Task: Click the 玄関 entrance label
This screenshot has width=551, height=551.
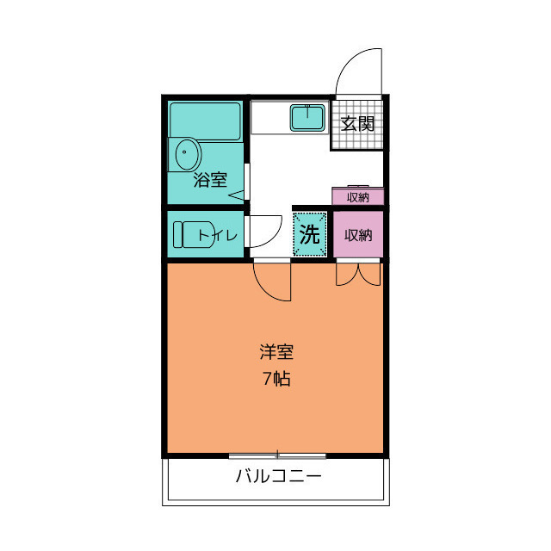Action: pos(356,123)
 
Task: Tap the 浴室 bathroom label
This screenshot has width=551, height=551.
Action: pos(210,180)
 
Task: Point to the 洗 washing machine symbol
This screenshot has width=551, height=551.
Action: pos(310,233)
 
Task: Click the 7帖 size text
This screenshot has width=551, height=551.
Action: pos(276,379)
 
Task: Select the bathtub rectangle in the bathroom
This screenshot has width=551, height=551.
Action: pos(205,121)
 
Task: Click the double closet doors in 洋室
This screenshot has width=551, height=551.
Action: pos(357,274)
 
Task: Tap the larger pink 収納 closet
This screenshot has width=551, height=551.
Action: pos(357,234)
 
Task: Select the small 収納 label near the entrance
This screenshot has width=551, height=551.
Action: pos(357,197)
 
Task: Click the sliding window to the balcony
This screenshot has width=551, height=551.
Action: pos(277,455)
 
